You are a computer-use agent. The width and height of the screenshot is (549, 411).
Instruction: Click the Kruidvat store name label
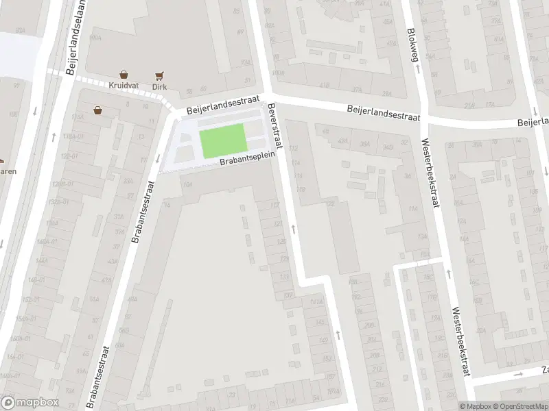pos(122,87)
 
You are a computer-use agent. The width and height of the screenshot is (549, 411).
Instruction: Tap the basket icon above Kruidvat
pos(124,75)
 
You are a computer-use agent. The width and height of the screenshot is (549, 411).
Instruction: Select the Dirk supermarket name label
pos(159,87)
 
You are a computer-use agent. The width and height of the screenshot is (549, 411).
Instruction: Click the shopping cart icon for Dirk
pos(159,75)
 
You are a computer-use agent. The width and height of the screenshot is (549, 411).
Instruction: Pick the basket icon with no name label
pos(98,110)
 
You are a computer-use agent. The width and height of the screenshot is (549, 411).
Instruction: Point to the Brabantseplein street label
pos(246,160)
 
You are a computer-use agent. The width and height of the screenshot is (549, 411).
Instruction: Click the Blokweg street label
pos(413,45)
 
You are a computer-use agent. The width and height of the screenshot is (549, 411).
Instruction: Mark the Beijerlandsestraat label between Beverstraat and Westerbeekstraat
pos(383,112)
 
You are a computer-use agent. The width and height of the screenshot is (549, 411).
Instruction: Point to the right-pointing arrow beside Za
pos(519,374)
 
